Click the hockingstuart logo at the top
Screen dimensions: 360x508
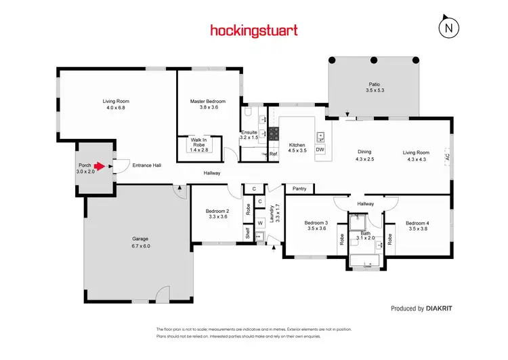coord(254,30)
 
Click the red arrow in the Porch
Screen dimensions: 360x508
coord(99,165)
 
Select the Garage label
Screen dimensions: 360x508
coord(140,242)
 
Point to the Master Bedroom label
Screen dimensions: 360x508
coord(207,104)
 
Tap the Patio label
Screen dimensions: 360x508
coord(375,87)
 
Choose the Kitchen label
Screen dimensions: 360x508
coord(297,148)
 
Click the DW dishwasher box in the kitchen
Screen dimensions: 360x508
coord(320,149)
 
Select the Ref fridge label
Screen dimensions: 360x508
coord(274,154)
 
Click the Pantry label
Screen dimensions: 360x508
coord(299,188)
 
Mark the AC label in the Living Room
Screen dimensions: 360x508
coord(447,156)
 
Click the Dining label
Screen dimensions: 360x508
coord(364,155)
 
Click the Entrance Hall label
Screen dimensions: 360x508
coord(146,165)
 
